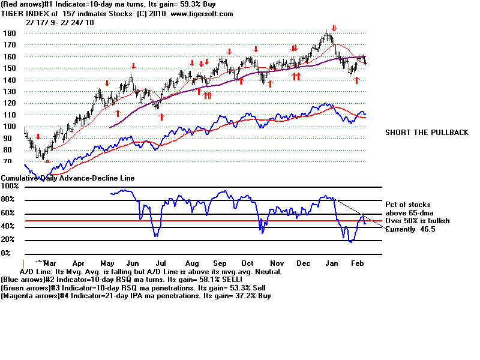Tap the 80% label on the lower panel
click(10, 200)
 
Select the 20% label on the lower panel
click(10, 240)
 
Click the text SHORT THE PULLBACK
click(427, 133)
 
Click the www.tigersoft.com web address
click(197, 13)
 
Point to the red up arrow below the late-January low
click(356, 80)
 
